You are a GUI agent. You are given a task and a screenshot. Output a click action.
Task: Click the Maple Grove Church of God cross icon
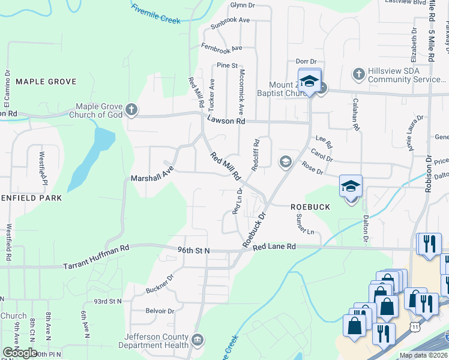132,110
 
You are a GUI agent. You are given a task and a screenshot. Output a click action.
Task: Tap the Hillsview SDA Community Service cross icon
359,74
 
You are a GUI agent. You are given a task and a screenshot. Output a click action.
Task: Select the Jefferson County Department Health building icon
197,341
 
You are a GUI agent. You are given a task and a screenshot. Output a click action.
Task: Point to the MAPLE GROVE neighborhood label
46,81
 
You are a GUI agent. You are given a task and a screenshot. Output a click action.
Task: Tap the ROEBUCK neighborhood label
310,206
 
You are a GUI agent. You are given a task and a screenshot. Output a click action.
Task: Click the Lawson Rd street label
226,121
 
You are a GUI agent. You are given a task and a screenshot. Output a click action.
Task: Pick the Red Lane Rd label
274,247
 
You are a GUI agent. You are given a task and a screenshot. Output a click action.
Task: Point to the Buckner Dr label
159,284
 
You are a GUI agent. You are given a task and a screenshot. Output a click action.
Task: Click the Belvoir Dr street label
160,311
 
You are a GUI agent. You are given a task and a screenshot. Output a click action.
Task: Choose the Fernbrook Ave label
222,47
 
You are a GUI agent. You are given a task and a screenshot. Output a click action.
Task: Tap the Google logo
20,353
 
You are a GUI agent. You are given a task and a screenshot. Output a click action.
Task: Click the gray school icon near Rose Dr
285,161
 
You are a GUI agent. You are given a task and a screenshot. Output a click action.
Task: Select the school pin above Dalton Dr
351,187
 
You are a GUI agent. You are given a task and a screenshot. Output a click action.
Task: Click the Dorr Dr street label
306,61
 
